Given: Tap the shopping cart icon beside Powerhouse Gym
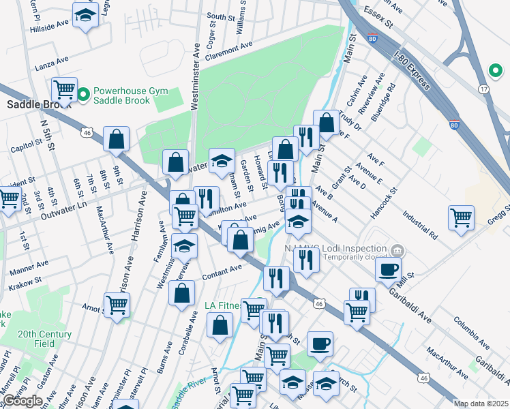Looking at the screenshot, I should tap(64, 89).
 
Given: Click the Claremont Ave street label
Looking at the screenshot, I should tap(220, 50).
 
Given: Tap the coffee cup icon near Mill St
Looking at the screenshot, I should tap(387, 269).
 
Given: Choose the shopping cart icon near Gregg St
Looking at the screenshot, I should tap(461, 217).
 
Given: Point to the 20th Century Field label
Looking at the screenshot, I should tap(44, 339).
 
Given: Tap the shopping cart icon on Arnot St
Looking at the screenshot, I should tap(117, 305).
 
